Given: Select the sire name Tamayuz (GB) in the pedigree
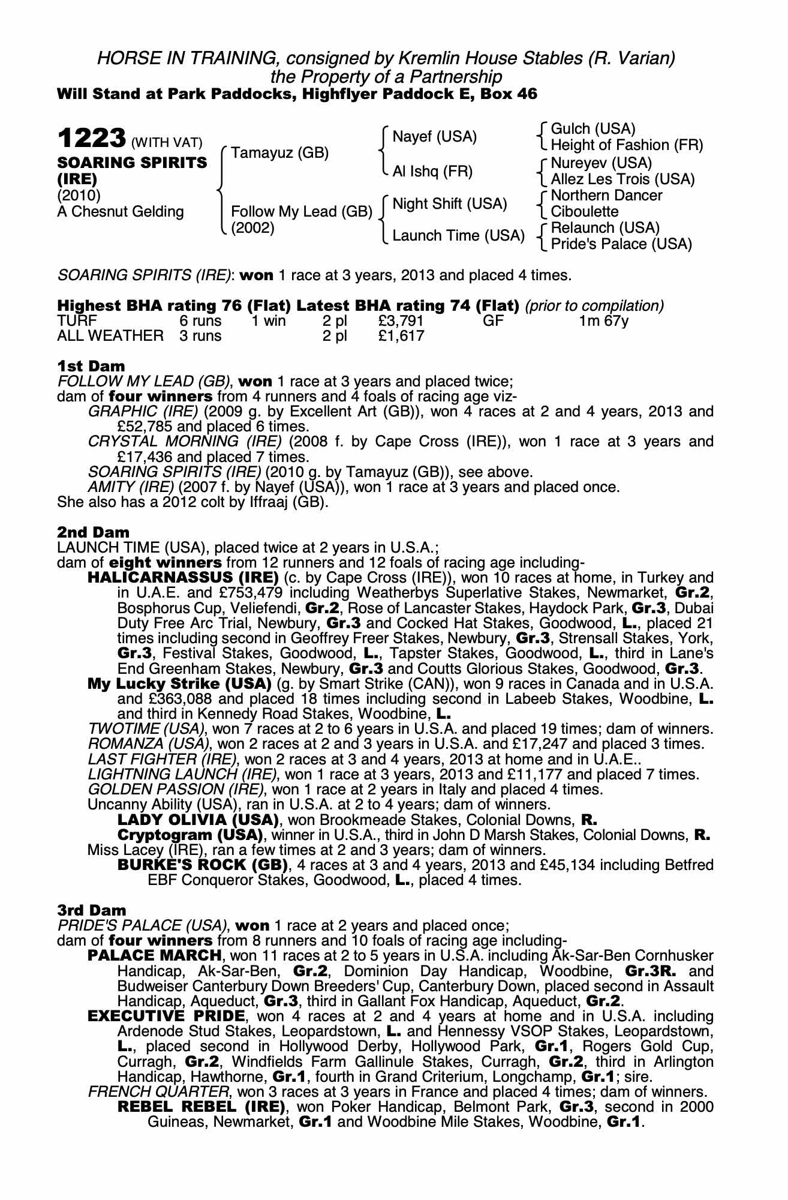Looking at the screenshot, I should [279, 153].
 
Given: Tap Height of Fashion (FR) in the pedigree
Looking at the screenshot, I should [626, 145].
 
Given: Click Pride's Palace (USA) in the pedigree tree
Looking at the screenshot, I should [621, 244].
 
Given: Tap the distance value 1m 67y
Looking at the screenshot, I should [603, 321].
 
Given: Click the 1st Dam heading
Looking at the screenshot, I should [91, 366].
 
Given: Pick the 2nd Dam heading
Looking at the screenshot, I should [93, 532].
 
